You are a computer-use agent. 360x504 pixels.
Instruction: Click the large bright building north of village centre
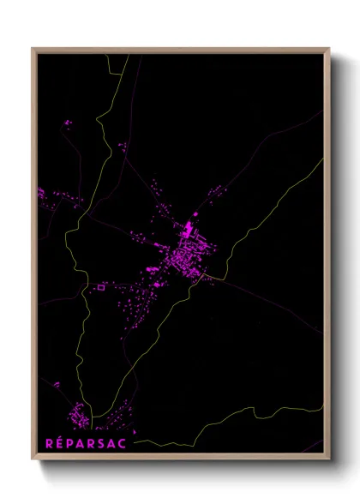(189, 230)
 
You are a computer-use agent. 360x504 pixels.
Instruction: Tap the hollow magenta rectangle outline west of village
(99, 288)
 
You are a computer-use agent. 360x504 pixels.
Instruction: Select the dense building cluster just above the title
(78, 417)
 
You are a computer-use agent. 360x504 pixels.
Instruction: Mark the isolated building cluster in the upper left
(67, 124)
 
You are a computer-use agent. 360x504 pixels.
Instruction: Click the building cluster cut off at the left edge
(41, 195)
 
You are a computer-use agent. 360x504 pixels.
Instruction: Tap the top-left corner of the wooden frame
(33, 49)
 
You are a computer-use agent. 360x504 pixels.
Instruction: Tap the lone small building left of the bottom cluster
(57, 385)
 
